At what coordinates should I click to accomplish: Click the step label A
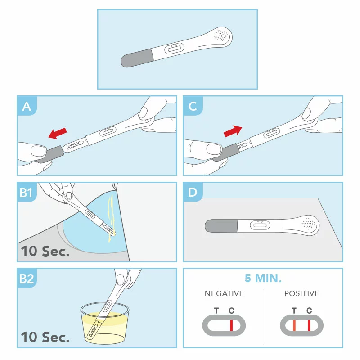click(x=27, y=106)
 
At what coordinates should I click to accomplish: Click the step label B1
click(x=26, y=193)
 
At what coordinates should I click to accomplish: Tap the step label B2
click(x=27, y=279)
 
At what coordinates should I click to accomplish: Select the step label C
click(x=193, y=106)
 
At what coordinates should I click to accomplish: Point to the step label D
click(x=193, y=193)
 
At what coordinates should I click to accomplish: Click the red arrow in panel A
click(x=58, y=133)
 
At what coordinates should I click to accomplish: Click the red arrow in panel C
click(x=233, y=130)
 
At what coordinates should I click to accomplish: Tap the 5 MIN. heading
click(x=263, y=278)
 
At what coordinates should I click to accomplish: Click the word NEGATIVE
click(x=224, y=293)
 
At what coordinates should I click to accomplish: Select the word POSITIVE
click(x=301, y=293)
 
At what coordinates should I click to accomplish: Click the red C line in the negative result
click(x=231, y=325)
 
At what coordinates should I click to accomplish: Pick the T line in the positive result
click(x=294, y=325)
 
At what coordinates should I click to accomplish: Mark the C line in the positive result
click(x=309, y=325)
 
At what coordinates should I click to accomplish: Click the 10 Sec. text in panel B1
click(x=45, y=251)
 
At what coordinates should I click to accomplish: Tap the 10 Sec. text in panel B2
click(x=45, y=337)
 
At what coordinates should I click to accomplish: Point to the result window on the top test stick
click(x=174, y=48)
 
